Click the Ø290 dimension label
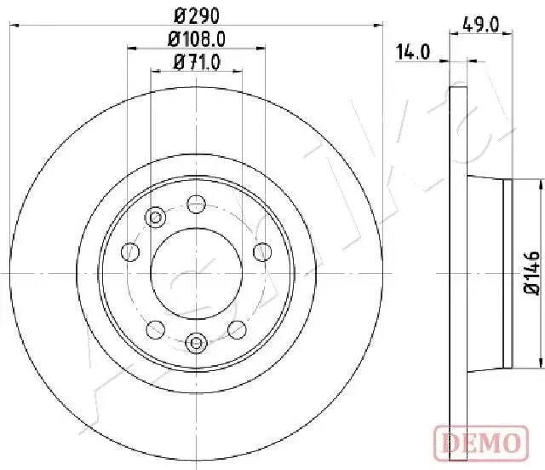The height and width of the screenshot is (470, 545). [197, 15]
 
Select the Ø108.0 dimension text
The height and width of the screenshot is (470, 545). [197, 39]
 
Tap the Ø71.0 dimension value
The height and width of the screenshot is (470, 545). [197, 62]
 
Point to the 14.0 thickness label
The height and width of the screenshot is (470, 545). [413, 52]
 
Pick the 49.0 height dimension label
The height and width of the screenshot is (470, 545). [481, 25]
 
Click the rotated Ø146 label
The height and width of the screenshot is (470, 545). [532, 274]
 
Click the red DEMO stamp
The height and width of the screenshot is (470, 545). [481, 444]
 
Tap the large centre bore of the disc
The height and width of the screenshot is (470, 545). [197, 273]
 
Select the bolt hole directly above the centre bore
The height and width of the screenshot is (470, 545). [197, 204]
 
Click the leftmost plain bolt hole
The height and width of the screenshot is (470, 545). [130, 252]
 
